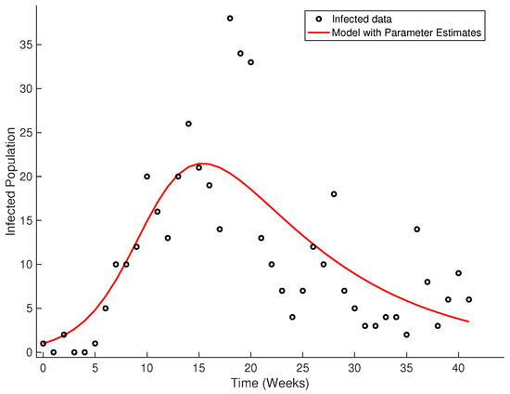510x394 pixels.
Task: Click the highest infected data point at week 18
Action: coord(230,19)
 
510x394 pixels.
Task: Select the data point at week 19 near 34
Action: coord(240,53)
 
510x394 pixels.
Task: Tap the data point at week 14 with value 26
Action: coord(188,124)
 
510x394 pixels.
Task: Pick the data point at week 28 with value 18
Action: coord(334,194)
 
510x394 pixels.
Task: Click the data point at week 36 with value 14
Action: coord(417,229)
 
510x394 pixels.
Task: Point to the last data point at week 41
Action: coord(469,299)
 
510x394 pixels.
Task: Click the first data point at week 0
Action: coord(43,344)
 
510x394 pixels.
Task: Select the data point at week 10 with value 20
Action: coord(147,177)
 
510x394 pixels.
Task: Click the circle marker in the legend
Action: coord(325,17)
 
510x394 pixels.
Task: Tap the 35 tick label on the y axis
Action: coord(27,45)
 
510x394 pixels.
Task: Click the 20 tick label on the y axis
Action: coord(27,177)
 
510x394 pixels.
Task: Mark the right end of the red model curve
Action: coord(469,322)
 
